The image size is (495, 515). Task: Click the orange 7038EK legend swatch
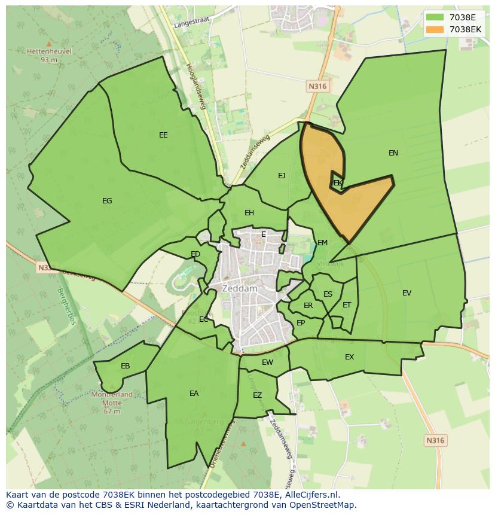(435, 29)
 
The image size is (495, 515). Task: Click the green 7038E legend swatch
(435, 17)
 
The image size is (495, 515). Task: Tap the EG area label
(107, 201)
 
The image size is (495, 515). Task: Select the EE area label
(163, 135)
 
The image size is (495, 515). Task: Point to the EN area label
(393, 153)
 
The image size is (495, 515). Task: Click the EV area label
(407, 293)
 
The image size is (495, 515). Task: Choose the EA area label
(194, 394)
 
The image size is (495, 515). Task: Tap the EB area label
(125, 366)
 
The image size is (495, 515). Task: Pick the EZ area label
(257, 395)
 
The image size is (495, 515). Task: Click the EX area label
(349, 357)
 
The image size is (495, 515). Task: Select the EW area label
(267, 362)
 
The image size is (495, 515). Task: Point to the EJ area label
(282, 176)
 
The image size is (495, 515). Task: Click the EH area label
(249, 213)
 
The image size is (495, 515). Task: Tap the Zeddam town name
(240, 288)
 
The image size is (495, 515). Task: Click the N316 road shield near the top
(317, 87)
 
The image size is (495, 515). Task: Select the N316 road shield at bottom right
(435, 441)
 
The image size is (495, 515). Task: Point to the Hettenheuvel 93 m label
(49, 55)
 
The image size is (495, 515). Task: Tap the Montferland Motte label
(112, 398)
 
